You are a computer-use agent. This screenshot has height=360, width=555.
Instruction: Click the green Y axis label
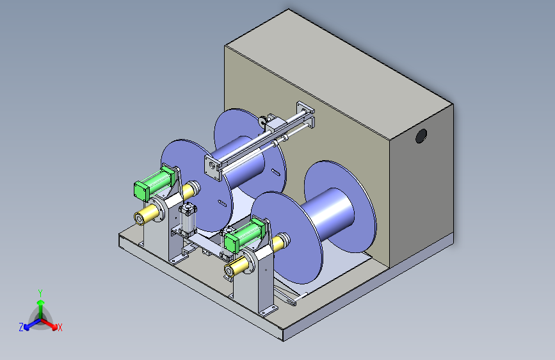pos(40,293)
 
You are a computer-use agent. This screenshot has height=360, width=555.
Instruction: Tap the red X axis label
pos(60,327)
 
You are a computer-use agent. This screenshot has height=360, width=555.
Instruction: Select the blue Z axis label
pos(21,327)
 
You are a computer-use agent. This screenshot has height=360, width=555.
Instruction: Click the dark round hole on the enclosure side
pos(421,136)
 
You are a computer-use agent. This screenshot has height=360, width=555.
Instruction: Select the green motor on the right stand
pos(245,234)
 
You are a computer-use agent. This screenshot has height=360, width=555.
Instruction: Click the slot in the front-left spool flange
pos(222,203)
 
